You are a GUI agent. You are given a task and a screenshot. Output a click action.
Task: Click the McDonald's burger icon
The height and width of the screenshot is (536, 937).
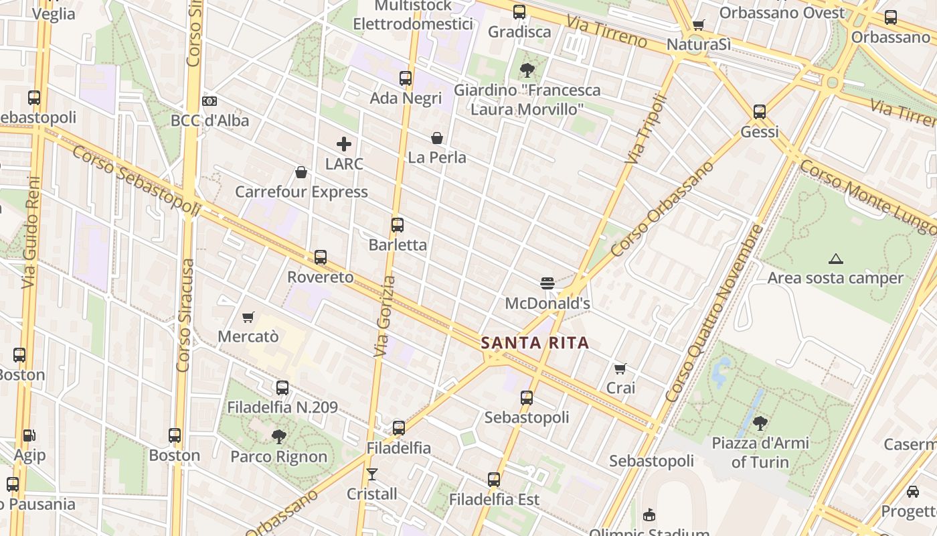click(547, 283)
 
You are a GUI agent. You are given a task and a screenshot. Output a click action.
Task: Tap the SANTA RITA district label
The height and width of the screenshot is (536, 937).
click(535, 343)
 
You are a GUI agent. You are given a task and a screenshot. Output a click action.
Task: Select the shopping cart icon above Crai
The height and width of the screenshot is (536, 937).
click(620, 368)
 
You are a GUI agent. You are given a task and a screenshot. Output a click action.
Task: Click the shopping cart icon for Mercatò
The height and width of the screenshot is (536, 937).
click(248, 317)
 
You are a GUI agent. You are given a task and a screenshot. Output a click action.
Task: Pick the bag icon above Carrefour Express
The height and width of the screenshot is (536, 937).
click(301, 172)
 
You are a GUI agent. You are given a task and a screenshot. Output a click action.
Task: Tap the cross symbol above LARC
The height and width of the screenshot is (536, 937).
click(344, 144)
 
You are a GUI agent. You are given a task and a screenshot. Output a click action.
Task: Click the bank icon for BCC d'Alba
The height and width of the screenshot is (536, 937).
click(209, 101)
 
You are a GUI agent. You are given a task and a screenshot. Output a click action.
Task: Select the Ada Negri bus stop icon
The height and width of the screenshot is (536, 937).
click(406, 78)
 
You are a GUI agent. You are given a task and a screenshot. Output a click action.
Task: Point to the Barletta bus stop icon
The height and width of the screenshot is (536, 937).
click(398, 225)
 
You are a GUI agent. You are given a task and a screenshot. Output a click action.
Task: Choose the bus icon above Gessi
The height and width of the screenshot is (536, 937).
click(760, 112)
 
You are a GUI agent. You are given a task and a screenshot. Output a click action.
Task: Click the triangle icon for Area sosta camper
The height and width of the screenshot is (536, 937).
click(835, 259)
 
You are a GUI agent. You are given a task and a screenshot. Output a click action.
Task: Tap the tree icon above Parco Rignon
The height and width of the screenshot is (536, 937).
click(279, 437)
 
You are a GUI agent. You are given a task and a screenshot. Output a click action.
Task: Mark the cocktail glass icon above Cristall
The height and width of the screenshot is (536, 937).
click(372, 474)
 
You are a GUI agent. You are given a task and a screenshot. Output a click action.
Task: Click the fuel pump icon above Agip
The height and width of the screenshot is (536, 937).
click(29, 435)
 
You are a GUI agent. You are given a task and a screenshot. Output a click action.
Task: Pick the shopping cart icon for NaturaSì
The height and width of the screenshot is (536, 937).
click(699, 25)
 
